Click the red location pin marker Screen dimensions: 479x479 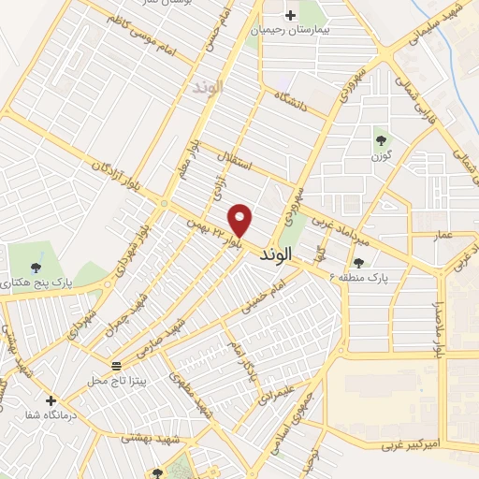(241, 220)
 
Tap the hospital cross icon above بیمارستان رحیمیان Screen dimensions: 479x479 (290, 15)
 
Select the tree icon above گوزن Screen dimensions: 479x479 (381, 140)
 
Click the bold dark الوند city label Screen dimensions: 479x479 (277, 254)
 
